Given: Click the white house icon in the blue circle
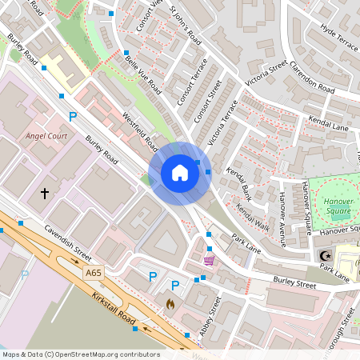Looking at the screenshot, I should pyautogui.click(x=179, y=172).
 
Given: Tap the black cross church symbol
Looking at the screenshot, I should pyautogui.click(x=45, y=193).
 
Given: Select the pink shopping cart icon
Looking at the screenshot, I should pyautogui.click(x=209, y=260).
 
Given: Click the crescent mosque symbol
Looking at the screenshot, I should pyautogui.click(x=325, y=255).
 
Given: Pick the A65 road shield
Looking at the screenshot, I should pyautogui.click(x=94, y=273).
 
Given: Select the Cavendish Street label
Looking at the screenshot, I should pyautogui.click(x=67, y=241).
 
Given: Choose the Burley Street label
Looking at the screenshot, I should pyautogui.click(x=294, y=282).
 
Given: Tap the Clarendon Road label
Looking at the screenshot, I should pyautogui.click(x=312, y=77).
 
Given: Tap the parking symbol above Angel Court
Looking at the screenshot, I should pyautogui.click(x=73, y=117).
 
